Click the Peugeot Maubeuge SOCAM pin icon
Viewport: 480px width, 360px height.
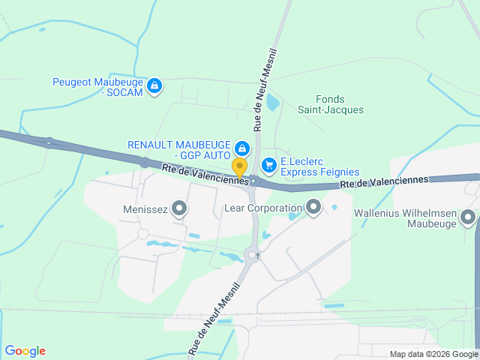point(154,86)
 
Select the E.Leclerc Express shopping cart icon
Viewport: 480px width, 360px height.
point(268,164)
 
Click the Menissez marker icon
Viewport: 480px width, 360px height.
point(179,208)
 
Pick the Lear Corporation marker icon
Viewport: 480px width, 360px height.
point(313,206)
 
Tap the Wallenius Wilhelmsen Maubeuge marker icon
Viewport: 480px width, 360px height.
point(469,218)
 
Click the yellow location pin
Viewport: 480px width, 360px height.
point(239,167)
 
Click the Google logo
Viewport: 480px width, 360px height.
point(25,351)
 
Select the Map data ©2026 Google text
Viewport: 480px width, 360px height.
point(433,354)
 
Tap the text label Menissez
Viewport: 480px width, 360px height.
point(145,210)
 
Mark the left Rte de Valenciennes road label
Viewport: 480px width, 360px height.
point(205,175)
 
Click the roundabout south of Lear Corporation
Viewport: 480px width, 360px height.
point(253,255)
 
